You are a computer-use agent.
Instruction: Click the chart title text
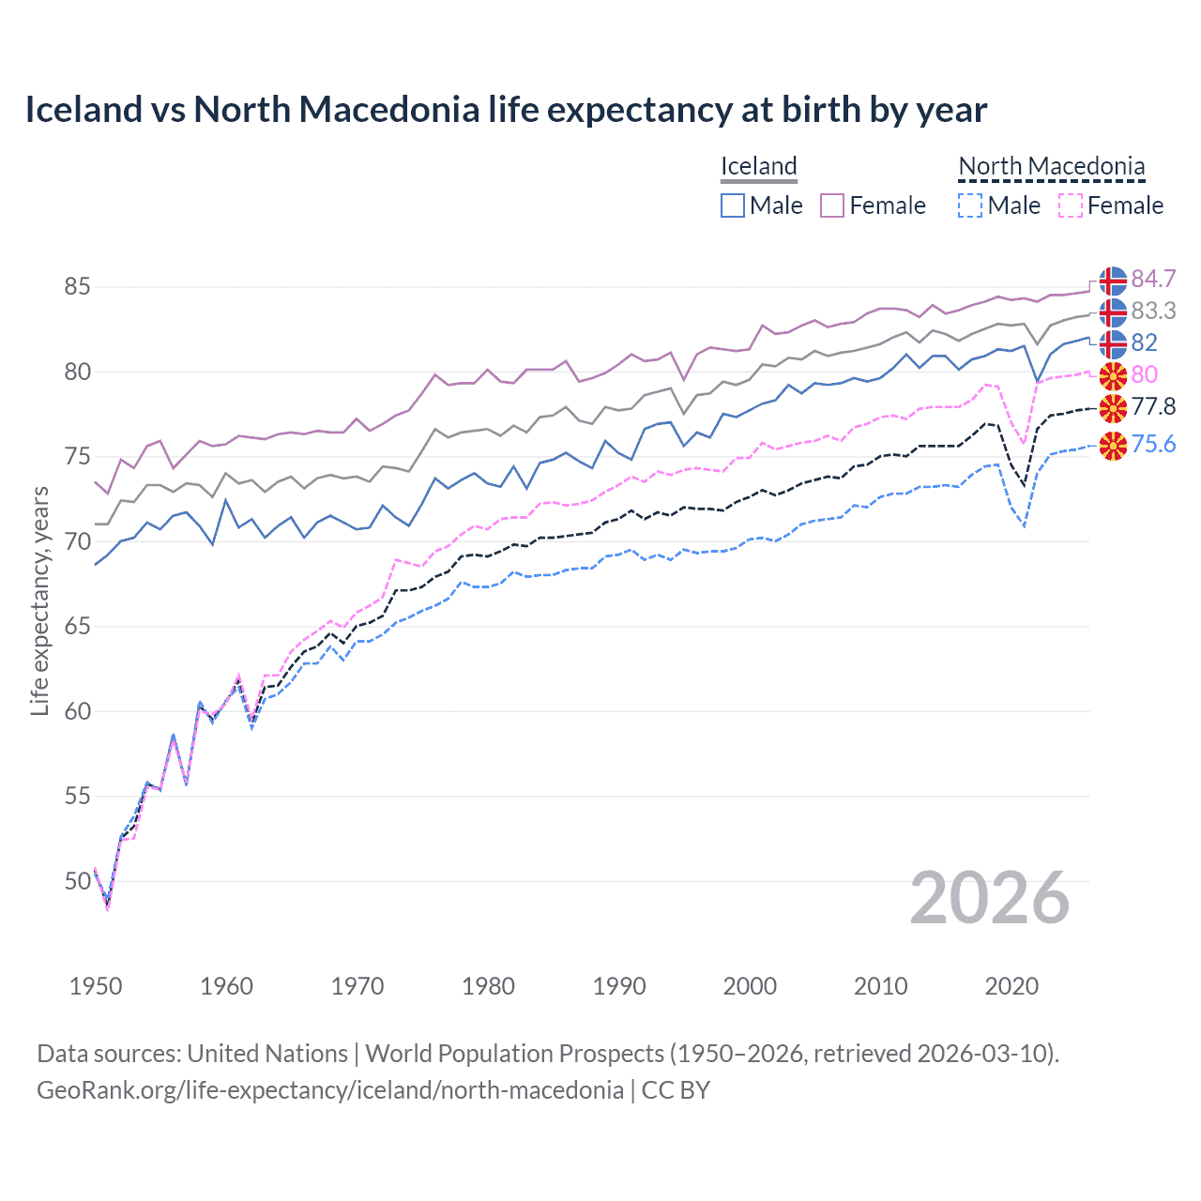tap(506, 110)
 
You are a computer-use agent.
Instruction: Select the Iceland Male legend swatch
tap(733, 205)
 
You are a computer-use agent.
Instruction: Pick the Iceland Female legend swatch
tap(832, 205)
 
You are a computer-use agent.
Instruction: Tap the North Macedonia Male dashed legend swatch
tap(970, 205)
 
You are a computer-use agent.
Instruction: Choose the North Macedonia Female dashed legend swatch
tap(1070, 205)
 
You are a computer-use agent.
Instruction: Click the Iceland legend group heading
tap(758, 166)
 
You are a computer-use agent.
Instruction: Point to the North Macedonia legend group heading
tap(1051, 166)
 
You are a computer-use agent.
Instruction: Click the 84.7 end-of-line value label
tap(1153, 280)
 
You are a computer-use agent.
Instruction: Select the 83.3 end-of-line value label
tap(1153, 312)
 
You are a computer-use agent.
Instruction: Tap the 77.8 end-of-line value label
tap(1153, 406)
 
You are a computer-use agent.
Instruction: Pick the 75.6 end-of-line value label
tap(1153, 444)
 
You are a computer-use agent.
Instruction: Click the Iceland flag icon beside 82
tap(1113, 343)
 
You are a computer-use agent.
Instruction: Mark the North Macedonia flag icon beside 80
tap(1113, 375)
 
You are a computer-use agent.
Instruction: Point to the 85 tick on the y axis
tap(77, 287)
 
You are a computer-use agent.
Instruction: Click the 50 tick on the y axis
tap(77, 881)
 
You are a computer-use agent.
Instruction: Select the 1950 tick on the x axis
tap(96, 986)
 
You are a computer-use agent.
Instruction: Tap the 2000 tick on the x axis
tap(750, 986)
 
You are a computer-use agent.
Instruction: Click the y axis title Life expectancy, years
tap(40, 600)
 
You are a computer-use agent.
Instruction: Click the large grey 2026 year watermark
tap(989, 899)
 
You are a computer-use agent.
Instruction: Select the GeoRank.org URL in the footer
tap(330, 1090)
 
